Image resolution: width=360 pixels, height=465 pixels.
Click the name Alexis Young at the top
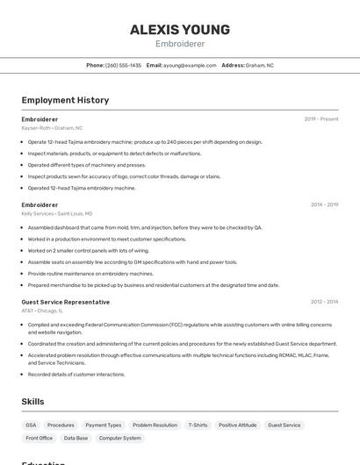180,29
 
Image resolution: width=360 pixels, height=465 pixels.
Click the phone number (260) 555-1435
123,65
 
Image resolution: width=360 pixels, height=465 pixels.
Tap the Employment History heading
65,100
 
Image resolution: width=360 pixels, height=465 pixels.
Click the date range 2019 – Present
321,119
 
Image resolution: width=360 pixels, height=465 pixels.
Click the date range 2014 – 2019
324,204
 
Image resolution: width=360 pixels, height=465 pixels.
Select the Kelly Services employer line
57,213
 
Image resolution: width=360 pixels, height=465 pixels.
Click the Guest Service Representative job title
66,302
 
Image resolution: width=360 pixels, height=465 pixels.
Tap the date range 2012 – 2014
324,302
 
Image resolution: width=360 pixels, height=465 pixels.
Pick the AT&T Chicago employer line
42,311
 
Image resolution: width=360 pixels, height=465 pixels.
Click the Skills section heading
33,402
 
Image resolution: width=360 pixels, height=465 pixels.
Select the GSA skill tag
31,426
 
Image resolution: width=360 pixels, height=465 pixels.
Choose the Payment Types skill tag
104,426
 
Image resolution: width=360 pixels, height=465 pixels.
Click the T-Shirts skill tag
198,426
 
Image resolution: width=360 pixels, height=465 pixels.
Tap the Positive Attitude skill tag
238,426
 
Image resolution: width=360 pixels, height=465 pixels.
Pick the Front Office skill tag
40,438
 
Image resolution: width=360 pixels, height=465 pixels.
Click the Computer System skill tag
120,438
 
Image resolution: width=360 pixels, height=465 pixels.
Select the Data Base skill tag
76,438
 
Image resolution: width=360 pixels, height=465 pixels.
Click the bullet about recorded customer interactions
76,375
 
